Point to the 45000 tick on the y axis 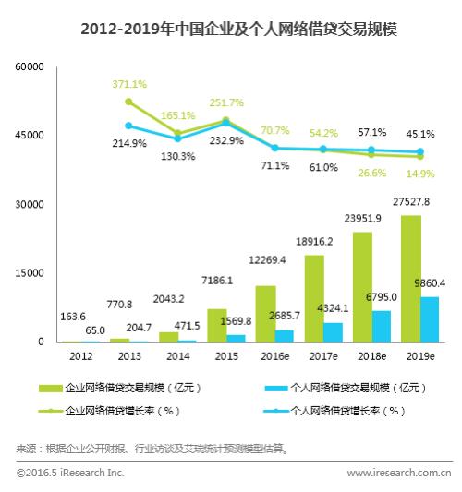coord(30,136)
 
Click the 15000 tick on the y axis coord(30,273)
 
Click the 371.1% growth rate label coord(128,84)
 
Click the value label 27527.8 coord(413,201)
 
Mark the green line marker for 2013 coord(128,102)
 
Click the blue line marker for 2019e coord(421,151)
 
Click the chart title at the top coord(231,29)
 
